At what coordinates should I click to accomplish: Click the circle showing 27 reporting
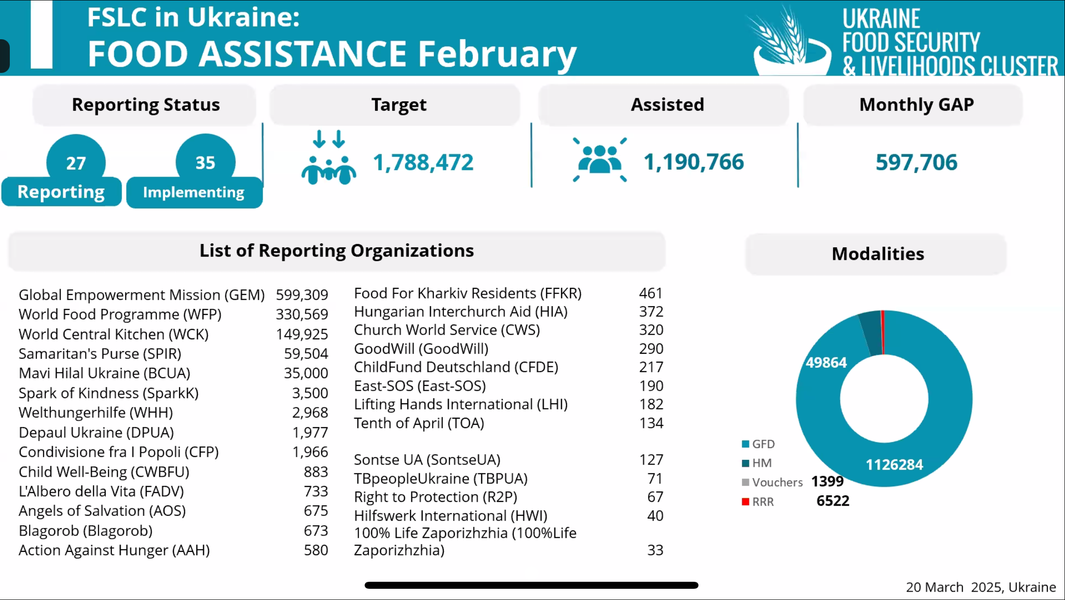[x=76, y=157]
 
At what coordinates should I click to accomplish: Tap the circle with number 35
[x=205, y=156]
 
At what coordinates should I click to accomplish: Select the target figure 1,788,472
[x=423, y=163]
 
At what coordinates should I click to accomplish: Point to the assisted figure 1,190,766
[x=694, y=162]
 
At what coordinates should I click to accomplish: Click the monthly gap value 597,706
[x=916, y=163]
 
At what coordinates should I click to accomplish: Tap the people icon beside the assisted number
[x=600, y=159]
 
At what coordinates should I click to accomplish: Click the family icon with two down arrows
[x=329, y=157]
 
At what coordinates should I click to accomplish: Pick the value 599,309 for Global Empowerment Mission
[x=302, y=295]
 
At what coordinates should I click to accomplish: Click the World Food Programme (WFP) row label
[x=120, y=314]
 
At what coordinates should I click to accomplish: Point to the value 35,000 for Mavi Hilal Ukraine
[x=306, y=373]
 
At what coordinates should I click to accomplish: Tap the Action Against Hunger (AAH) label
[x=114, y=550]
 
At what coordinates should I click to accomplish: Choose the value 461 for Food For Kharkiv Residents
[x=651, y=293]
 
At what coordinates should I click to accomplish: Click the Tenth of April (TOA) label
[x=419, y=423]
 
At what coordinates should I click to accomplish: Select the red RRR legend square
[x=746, y=501]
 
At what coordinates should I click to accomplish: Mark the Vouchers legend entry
[x=772, y=482]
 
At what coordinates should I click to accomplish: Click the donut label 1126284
[x=894, y=464]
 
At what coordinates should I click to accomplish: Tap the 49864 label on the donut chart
[x=826, y=363]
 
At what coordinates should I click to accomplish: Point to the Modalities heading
[x=878, y=254]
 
